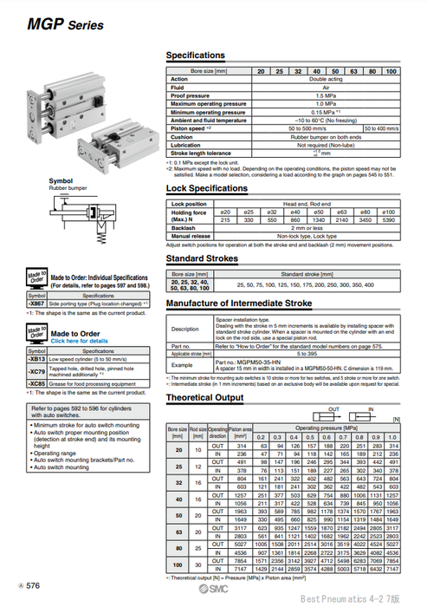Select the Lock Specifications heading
tap(212, 188)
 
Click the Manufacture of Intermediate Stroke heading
tap(238, 303)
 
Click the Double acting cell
tap(325, 78)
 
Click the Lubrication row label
tap(189, 146)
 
